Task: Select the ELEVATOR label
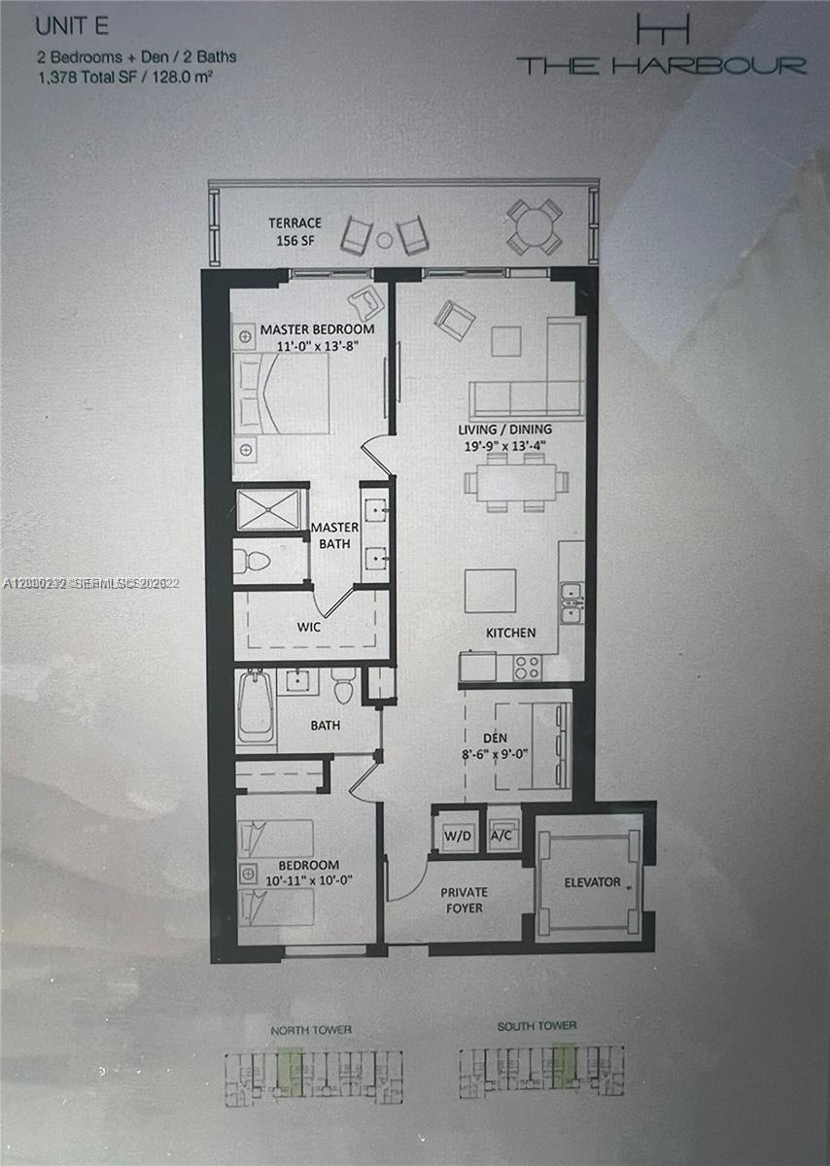pos(592,882)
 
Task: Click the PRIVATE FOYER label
pos(464,900)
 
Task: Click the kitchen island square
pos(490,591)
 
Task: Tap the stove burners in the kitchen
pos(526,667)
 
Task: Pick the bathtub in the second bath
pos(256,705)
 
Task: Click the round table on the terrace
pos(535,226)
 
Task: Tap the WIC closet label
pos(310,628)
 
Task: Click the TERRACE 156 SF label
pos(295,230)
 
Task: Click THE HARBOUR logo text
pos(661,65)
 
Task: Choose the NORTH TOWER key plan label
pos(311,1029)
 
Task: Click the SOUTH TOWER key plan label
pos(536,1026)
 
